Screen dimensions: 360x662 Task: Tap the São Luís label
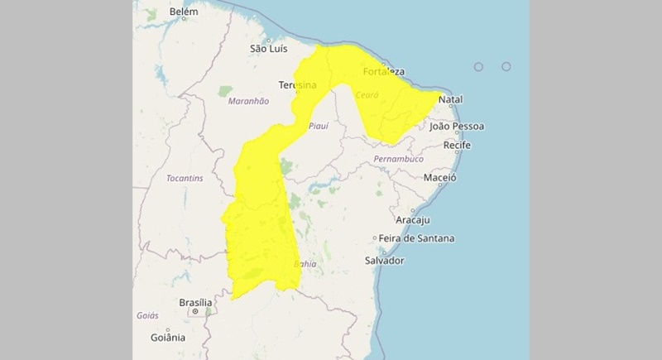coord(270,49)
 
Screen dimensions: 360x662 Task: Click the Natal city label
coord(450,100)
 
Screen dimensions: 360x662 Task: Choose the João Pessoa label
coord(457,127)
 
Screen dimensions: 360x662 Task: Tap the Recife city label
coord(457,145)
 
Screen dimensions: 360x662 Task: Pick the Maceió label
coord(440,178)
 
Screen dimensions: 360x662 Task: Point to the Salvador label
coord(384,260)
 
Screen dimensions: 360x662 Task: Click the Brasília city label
coord(196,303)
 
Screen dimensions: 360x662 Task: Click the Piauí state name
coord(318,126)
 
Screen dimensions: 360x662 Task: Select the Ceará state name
coord(367,96)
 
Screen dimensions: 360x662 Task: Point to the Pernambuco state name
coord(399,158)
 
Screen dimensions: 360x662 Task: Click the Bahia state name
coord(305,265)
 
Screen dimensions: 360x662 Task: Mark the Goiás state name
coord(147,316)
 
